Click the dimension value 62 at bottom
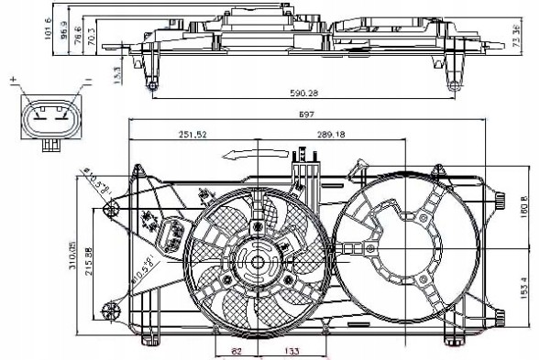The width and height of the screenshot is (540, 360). tap(236, 350)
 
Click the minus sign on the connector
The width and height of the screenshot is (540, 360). tap(89, 82)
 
